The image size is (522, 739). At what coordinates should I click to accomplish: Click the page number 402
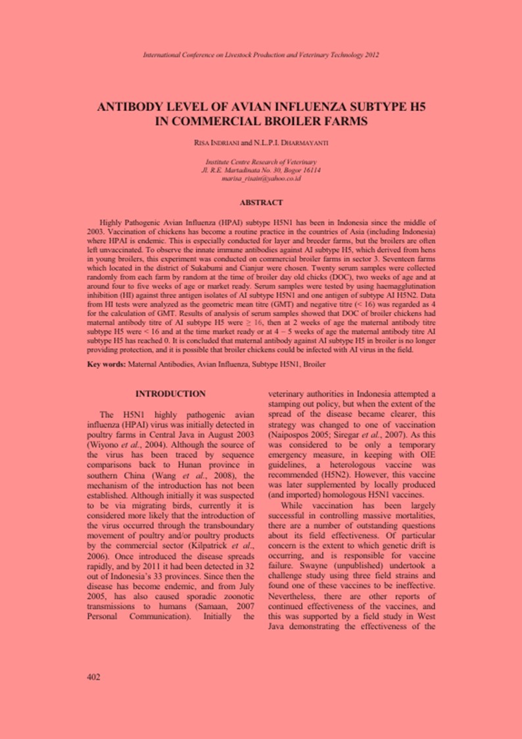pos(93,676)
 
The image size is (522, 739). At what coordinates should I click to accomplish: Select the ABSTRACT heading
pos(261,203)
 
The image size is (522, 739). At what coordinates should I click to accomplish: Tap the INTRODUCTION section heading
pos(170,393)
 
